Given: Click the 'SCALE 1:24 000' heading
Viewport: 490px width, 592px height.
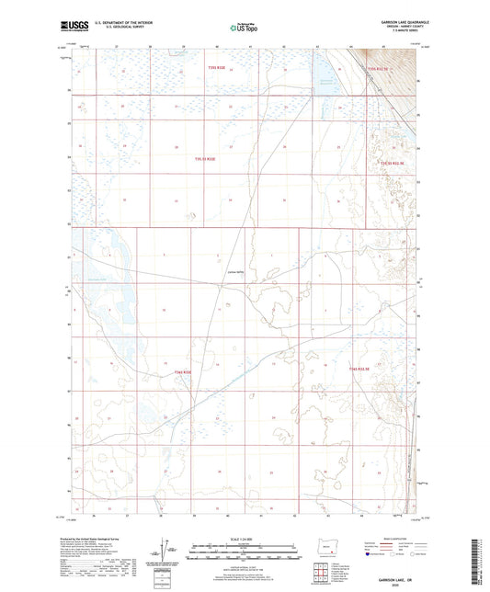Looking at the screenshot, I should (245, 538).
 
